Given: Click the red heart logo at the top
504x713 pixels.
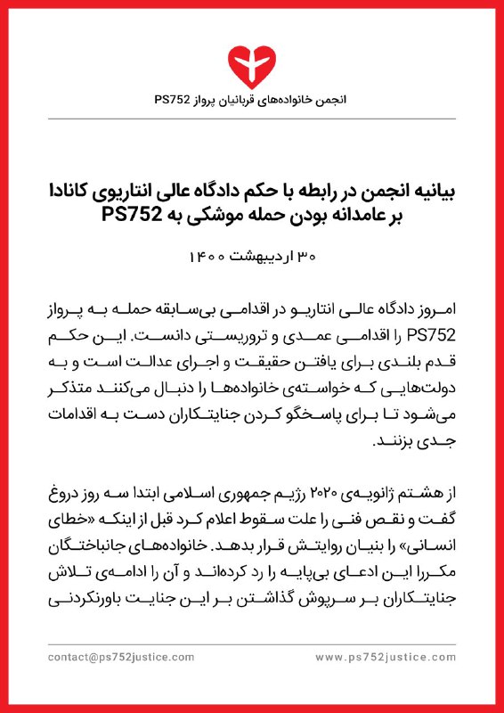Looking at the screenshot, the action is point(252,61).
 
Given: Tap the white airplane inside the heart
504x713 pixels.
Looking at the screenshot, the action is point(252,59).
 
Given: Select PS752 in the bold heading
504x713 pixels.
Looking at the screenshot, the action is point(132,213).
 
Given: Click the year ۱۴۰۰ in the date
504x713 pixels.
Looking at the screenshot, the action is point(207,258).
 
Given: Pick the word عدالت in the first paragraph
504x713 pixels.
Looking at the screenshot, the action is point(177,362).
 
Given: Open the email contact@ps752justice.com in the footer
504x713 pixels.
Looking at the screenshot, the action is point(122,657).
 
